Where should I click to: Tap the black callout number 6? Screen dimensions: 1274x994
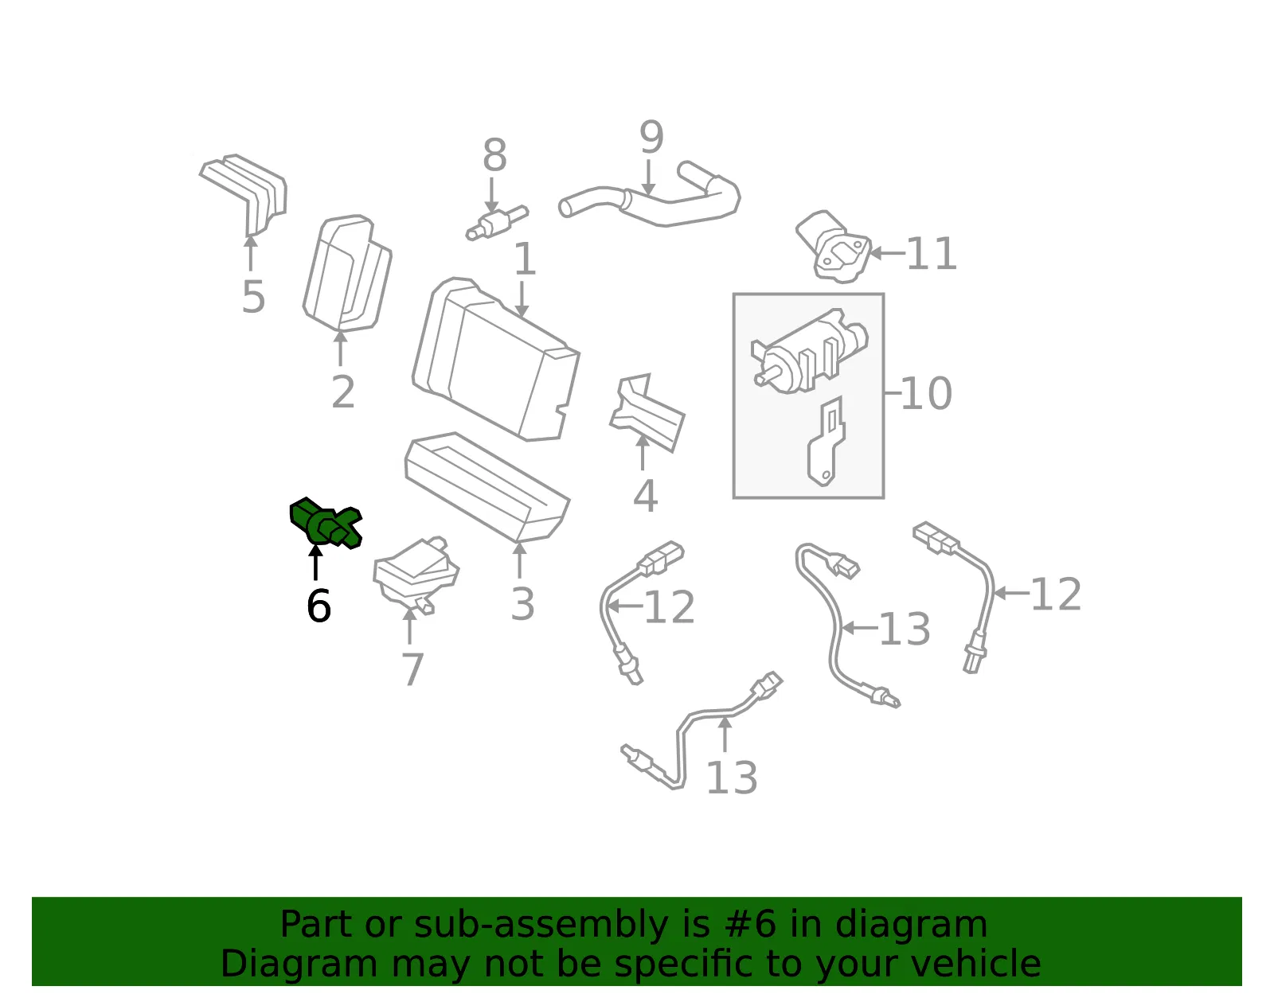319,606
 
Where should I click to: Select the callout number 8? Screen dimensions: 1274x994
494,156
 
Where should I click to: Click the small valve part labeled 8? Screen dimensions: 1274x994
497,223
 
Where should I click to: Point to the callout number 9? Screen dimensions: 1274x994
651,137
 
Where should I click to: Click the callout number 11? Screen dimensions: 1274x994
932,254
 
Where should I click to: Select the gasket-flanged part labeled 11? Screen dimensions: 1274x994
833,247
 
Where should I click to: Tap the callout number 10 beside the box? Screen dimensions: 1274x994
926,393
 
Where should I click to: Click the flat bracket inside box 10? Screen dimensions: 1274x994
826,442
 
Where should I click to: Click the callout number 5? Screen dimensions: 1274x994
253,297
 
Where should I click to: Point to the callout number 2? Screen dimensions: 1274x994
343,392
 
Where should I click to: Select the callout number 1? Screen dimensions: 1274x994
525,259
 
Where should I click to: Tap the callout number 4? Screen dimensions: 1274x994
646,496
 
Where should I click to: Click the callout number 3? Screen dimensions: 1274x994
522,604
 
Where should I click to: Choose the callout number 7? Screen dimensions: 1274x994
412,669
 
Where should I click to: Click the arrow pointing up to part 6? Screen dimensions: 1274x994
315,562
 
